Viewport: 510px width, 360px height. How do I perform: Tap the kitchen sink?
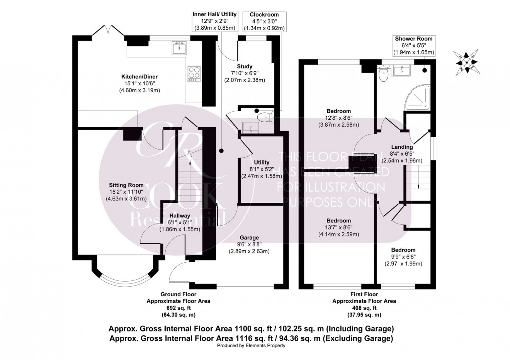(179, 48)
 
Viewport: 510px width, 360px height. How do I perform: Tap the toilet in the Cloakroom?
(265, 116)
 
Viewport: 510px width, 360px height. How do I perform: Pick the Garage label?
(249, 244)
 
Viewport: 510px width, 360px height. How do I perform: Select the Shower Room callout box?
(413, 46)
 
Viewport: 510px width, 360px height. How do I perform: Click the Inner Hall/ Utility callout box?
(214, 21)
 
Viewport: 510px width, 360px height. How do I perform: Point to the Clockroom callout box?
(264, 21)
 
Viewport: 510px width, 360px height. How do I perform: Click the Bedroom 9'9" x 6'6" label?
(403, 257)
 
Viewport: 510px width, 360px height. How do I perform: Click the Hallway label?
(180, 222)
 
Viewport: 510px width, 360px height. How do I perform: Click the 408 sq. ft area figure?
(364, 308)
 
